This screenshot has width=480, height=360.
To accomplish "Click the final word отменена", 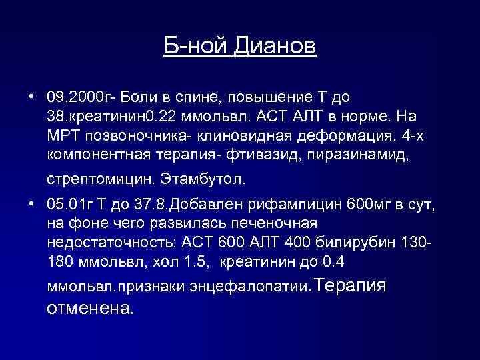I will (91, 309).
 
